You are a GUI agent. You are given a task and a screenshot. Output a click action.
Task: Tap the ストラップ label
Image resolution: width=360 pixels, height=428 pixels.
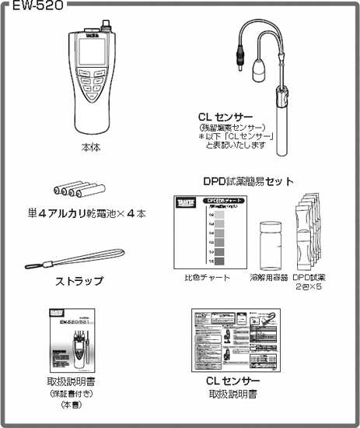(77, 280)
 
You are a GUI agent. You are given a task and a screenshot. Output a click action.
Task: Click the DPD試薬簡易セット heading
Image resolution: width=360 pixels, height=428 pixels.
(248, 181)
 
